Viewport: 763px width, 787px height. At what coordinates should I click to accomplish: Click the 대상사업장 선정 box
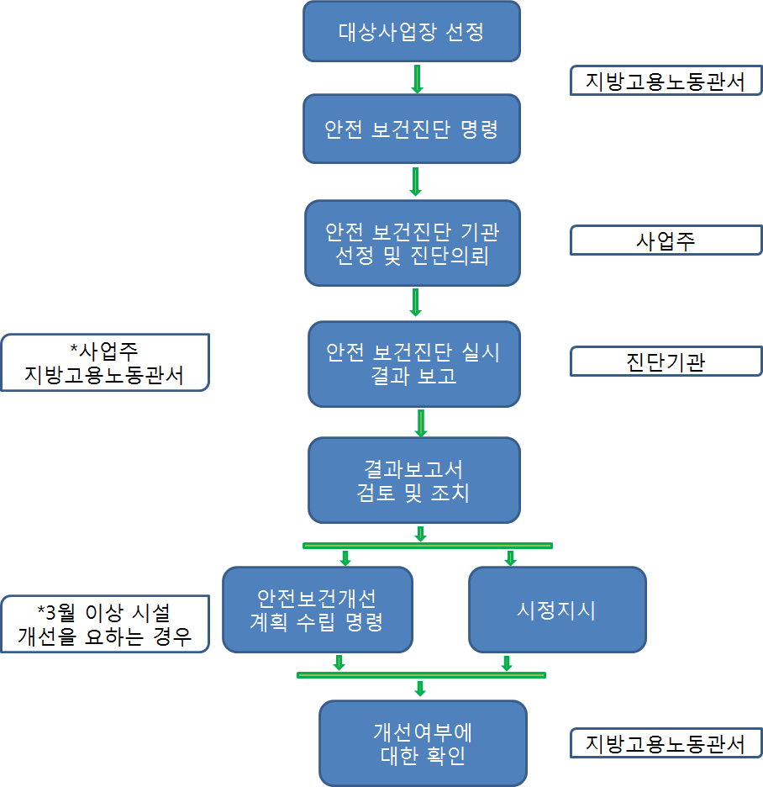click(x=412, y=32)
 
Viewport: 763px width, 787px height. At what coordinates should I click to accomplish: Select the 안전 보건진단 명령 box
click(x=412, y=129)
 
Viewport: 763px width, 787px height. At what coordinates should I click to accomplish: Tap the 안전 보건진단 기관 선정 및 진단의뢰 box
click(x=412, y=243)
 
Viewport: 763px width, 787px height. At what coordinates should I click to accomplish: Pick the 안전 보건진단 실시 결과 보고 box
click(x=413, y=363)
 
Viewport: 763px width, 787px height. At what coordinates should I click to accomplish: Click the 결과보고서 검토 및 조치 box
click(x=413, y=479)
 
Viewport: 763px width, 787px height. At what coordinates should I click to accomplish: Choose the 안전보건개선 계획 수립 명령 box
click(x=317, y=610)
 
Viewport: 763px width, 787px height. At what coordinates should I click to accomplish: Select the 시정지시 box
click(x=556, y=610)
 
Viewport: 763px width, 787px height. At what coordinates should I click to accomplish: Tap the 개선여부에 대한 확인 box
click(x=423, y=743)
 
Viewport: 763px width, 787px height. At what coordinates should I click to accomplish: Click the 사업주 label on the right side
click(x=666, y=241)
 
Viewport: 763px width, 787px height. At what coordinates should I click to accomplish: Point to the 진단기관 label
click(x=666, y=362)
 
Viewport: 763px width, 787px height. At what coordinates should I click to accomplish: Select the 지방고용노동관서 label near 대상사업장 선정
click(x=666, y=82)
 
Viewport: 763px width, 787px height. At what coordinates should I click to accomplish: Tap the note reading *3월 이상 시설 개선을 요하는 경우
click(x=104, y=624)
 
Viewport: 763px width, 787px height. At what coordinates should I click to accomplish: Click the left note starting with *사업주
click(x=104, y=362)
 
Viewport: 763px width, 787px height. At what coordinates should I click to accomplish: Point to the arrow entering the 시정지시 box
click(x=510, y=557)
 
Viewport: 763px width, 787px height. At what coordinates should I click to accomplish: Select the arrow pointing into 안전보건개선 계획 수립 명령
click(x=345, y=557)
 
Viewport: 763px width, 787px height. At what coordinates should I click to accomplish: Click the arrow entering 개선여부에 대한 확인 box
click(x=420, y=689)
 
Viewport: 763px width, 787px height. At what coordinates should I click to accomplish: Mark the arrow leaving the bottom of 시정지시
click(x=507, y=663)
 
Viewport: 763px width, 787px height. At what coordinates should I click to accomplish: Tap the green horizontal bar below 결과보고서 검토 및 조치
click(x=427, y=546)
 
